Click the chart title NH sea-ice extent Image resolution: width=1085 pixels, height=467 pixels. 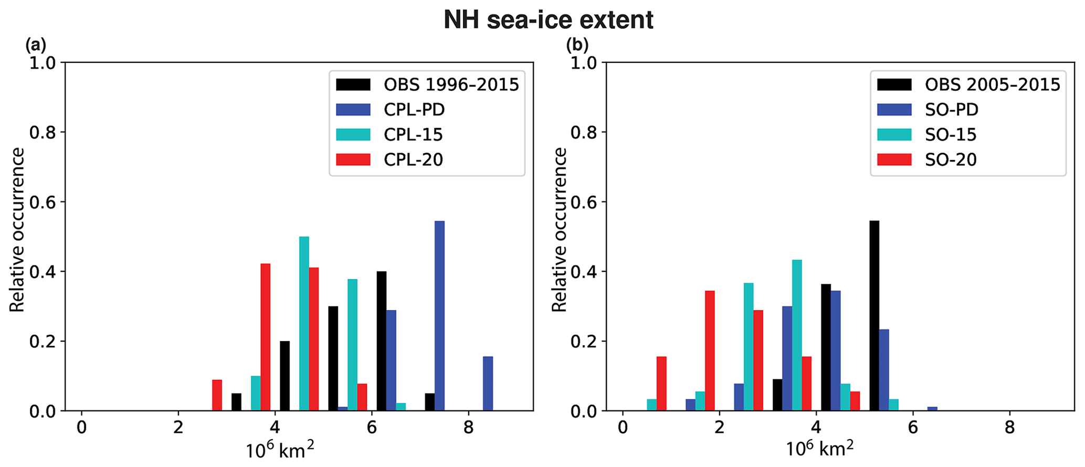(548, 20)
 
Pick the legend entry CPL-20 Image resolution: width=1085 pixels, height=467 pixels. (413, 160)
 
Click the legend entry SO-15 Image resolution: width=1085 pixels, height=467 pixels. (951, 135)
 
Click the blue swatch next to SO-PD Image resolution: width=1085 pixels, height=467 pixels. (894, 110)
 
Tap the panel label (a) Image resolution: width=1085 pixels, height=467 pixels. (36, 46)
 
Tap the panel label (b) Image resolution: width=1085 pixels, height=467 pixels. (577, 46)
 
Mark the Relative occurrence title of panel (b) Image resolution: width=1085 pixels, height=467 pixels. (560, 230)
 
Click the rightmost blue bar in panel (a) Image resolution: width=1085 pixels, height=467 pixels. (488, 384)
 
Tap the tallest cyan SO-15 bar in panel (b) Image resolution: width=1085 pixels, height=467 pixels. (797, 335)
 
